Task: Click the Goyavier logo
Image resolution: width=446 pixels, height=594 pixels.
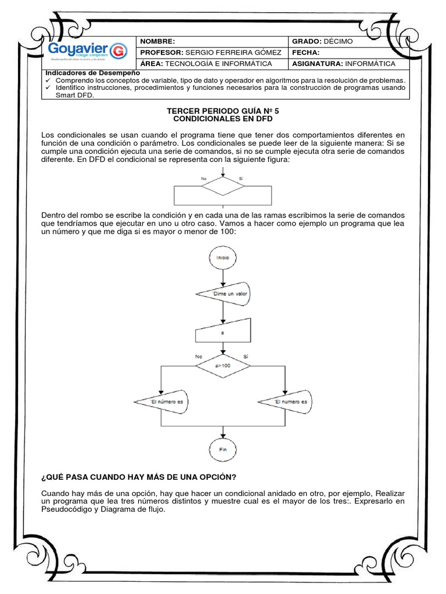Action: point(87,50)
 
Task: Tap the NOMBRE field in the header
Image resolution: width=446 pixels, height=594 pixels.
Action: point(213,41)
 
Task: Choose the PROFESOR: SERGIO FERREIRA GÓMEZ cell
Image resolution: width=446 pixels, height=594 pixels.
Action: point(213,52)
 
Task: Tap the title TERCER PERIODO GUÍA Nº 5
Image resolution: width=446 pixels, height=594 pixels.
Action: point(223,110)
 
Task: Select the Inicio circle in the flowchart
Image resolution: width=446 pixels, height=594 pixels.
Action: point(223,257)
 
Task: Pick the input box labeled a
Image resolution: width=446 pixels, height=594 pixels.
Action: point(223,334)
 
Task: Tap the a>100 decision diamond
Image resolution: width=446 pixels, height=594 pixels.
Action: point(223,366)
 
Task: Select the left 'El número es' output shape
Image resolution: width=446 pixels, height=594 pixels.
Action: point(163,401)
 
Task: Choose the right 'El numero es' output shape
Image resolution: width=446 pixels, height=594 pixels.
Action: point(285,401)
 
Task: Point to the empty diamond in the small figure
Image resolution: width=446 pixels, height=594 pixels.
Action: point(223,187)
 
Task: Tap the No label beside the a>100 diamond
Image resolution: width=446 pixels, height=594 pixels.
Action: point(199,356)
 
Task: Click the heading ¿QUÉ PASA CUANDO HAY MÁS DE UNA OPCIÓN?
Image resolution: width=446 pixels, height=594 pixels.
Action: point(138,477)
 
